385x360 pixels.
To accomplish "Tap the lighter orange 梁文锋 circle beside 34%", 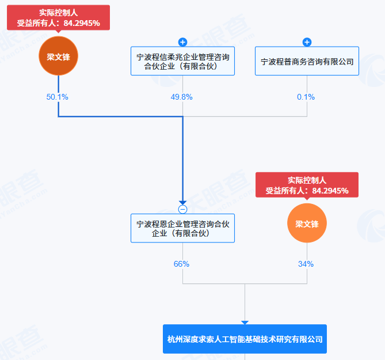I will tap(307, 223).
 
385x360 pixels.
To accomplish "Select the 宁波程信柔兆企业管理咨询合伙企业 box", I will tap(182, 61).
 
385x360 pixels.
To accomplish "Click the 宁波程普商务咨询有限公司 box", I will tap(307, 61).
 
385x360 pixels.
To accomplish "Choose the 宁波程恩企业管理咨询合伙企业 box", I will tap(182, 228).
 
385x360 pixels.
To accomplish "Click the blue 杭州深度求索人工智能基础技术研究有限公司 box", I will tap(245, 339).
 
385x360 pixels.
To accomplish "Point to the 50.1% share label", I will tap(58, 97).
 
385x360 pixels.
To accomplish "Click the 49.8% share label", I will tap(182, 97).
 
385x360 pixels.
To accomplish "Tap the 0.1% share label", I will tap(306, 97).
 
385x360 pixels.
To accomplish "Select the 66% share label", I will tap(182, 264).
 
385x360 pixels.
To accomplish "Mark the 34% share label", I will tap(306, 264).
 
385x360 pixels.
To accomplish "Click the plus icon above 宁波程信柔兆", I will tap(182, 42).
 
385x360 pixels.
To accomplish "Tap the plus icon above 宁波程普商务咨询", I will tap(307, 42).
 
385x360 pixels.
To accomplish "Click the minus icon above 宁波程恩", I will tap(182, 209).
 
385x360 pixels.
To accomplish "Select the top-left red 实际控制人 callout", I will tap(58, 17).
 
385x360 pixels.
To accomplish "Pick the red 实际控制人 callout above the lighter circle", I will tap(307, 184).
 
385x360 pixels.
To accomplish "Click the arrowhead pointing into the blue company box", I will tap(245, 323).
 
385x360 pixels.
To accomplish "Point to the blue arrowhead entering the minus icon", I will tap(182, 202).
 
